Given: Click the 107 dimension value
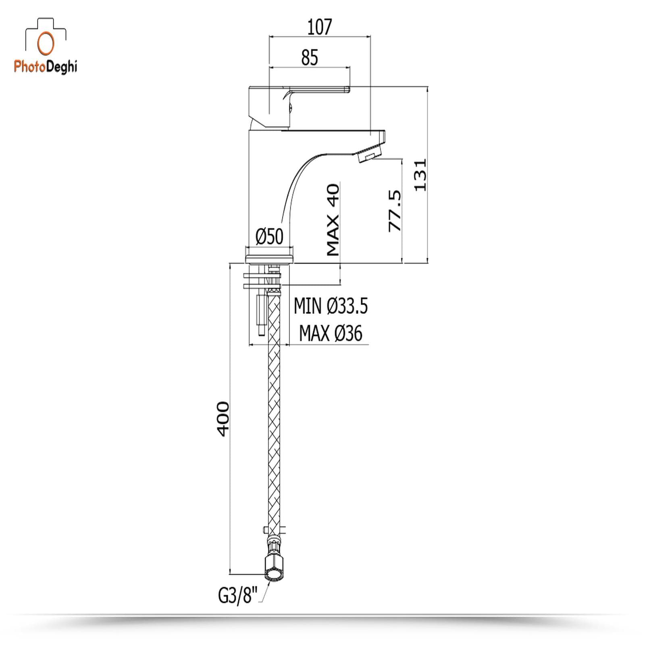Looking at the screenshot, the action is [x=319, y=27].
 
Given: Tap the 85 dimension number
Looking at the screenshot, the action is [x=310, y=58].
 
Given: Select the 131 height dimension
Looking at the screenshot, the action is [x=420, y=175].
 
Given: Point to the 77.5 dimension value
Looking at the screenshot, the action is [x=395, y=211].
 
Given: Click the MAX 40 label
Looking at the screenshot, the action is [x=333, y=220].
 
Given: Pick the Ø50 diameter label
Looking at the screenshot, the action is [x=270, y=237].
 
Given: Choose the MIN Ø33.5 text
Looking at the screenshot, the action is [x=331, y=306].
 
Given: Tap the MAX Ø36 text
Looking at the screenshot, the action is [x=331, y=333].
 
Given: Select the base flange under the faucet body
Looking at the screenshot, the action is [x=270, y=257].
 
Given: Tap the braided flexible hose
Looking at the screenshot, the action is [x=275, y=415].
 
